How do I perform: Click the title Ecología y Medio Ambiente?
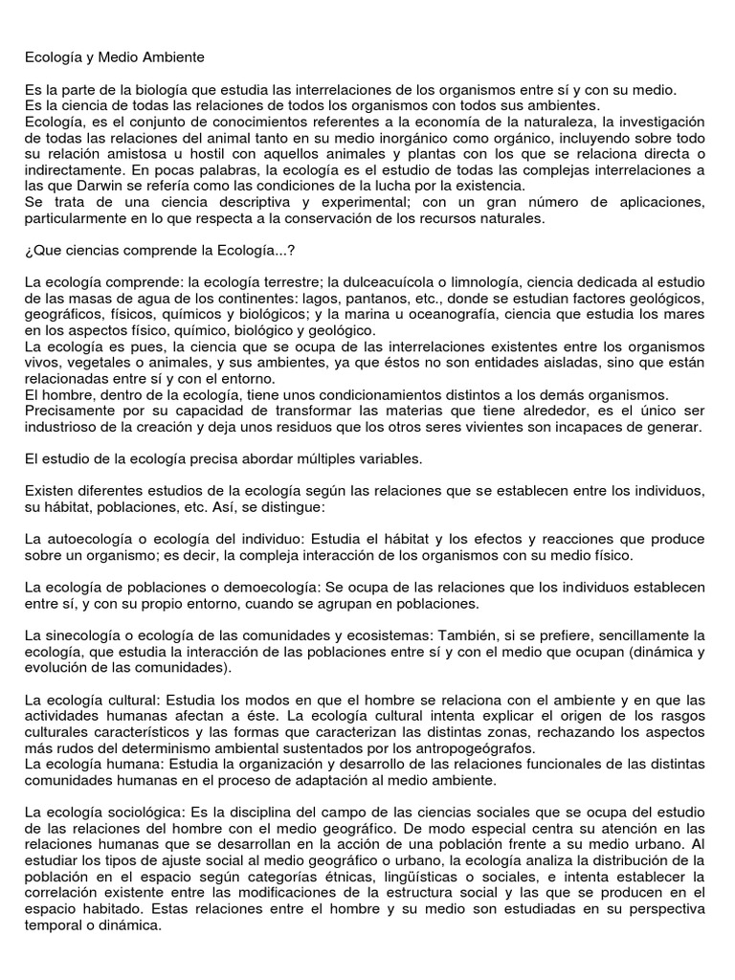115,57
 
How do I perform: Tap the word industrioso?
63,427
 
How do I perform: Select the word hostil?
174,154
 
